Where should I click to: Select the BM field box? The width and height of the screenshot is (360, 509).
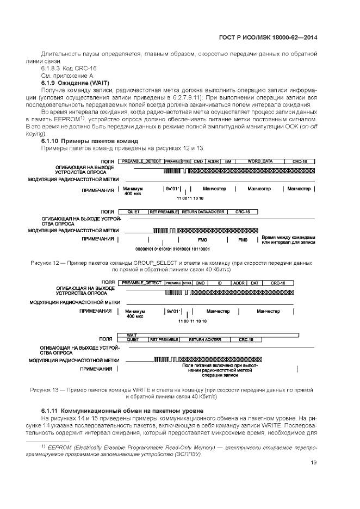(228, 162)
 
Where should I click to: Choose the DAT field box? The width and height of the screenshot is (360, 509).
(255, 283)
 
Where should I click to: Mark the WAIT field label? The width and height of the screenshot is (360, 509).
(132, 334)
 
